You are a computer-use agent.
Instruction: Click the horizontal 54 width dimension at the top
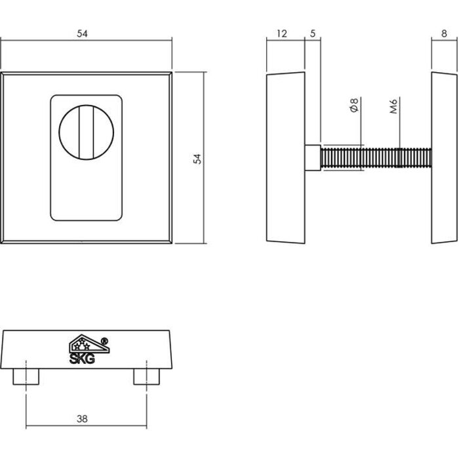click(x=82, y=34)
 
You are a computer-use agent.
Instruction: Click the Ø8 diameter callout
click(x=353, y=106)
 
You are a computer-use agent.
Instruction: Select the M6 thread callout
click(x=393, y=106)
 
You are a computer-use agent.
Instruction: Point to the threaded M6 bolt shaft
click(x=374, y=158)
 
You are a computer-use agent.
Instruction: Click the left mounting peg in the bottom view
click(x=26, y=376)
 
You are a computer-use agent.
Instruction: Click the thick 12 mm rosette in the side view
click(x=285, y=157)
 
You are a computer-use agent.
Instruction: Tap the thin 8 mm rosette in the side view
click(x=445, y=157)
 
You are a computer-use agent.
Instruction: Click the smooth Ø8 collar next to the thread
click(x=313, y=158)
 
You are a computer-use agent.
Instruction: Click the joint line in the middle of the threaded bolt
click(x=399, y=158)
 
